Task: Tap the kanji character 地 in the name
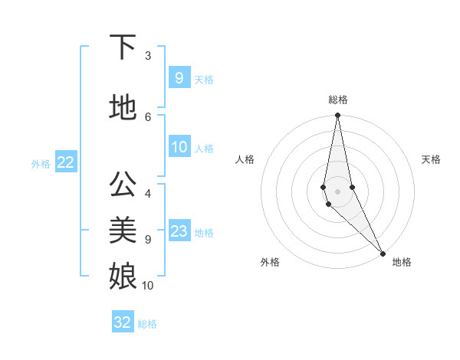click(x=123, y=107)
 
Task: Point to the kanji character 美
click(x=123, y=230)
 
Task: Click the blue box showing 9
click(x=179, y=78)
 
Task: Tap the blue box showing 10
click(x=179, y=147)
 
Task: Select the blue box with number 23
click(x=179, y=231)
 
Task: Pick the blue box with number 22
click(x=65, y=162)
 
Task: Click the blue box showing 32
click(x=123, y=322)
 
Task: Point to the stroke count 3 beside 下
click(x=148, y=56)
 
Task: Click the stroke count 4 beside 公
click(x=148, y=194)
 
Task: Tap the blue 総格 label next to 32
click(x=147, y=324)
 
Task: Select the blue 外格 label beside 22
click(x=41, y=163)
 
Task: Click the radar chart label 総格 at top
click(x=338, y=100)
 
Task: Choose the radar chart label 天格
click(x=431, y=159)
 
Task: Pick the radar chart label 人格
click(x=245, y=159)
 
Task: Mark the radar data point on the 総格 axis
click(x=337, y=116)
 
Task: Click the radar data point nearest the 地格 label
click(x=383, y=252)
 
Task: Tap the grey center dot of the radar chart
click(x=337, y=191)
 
